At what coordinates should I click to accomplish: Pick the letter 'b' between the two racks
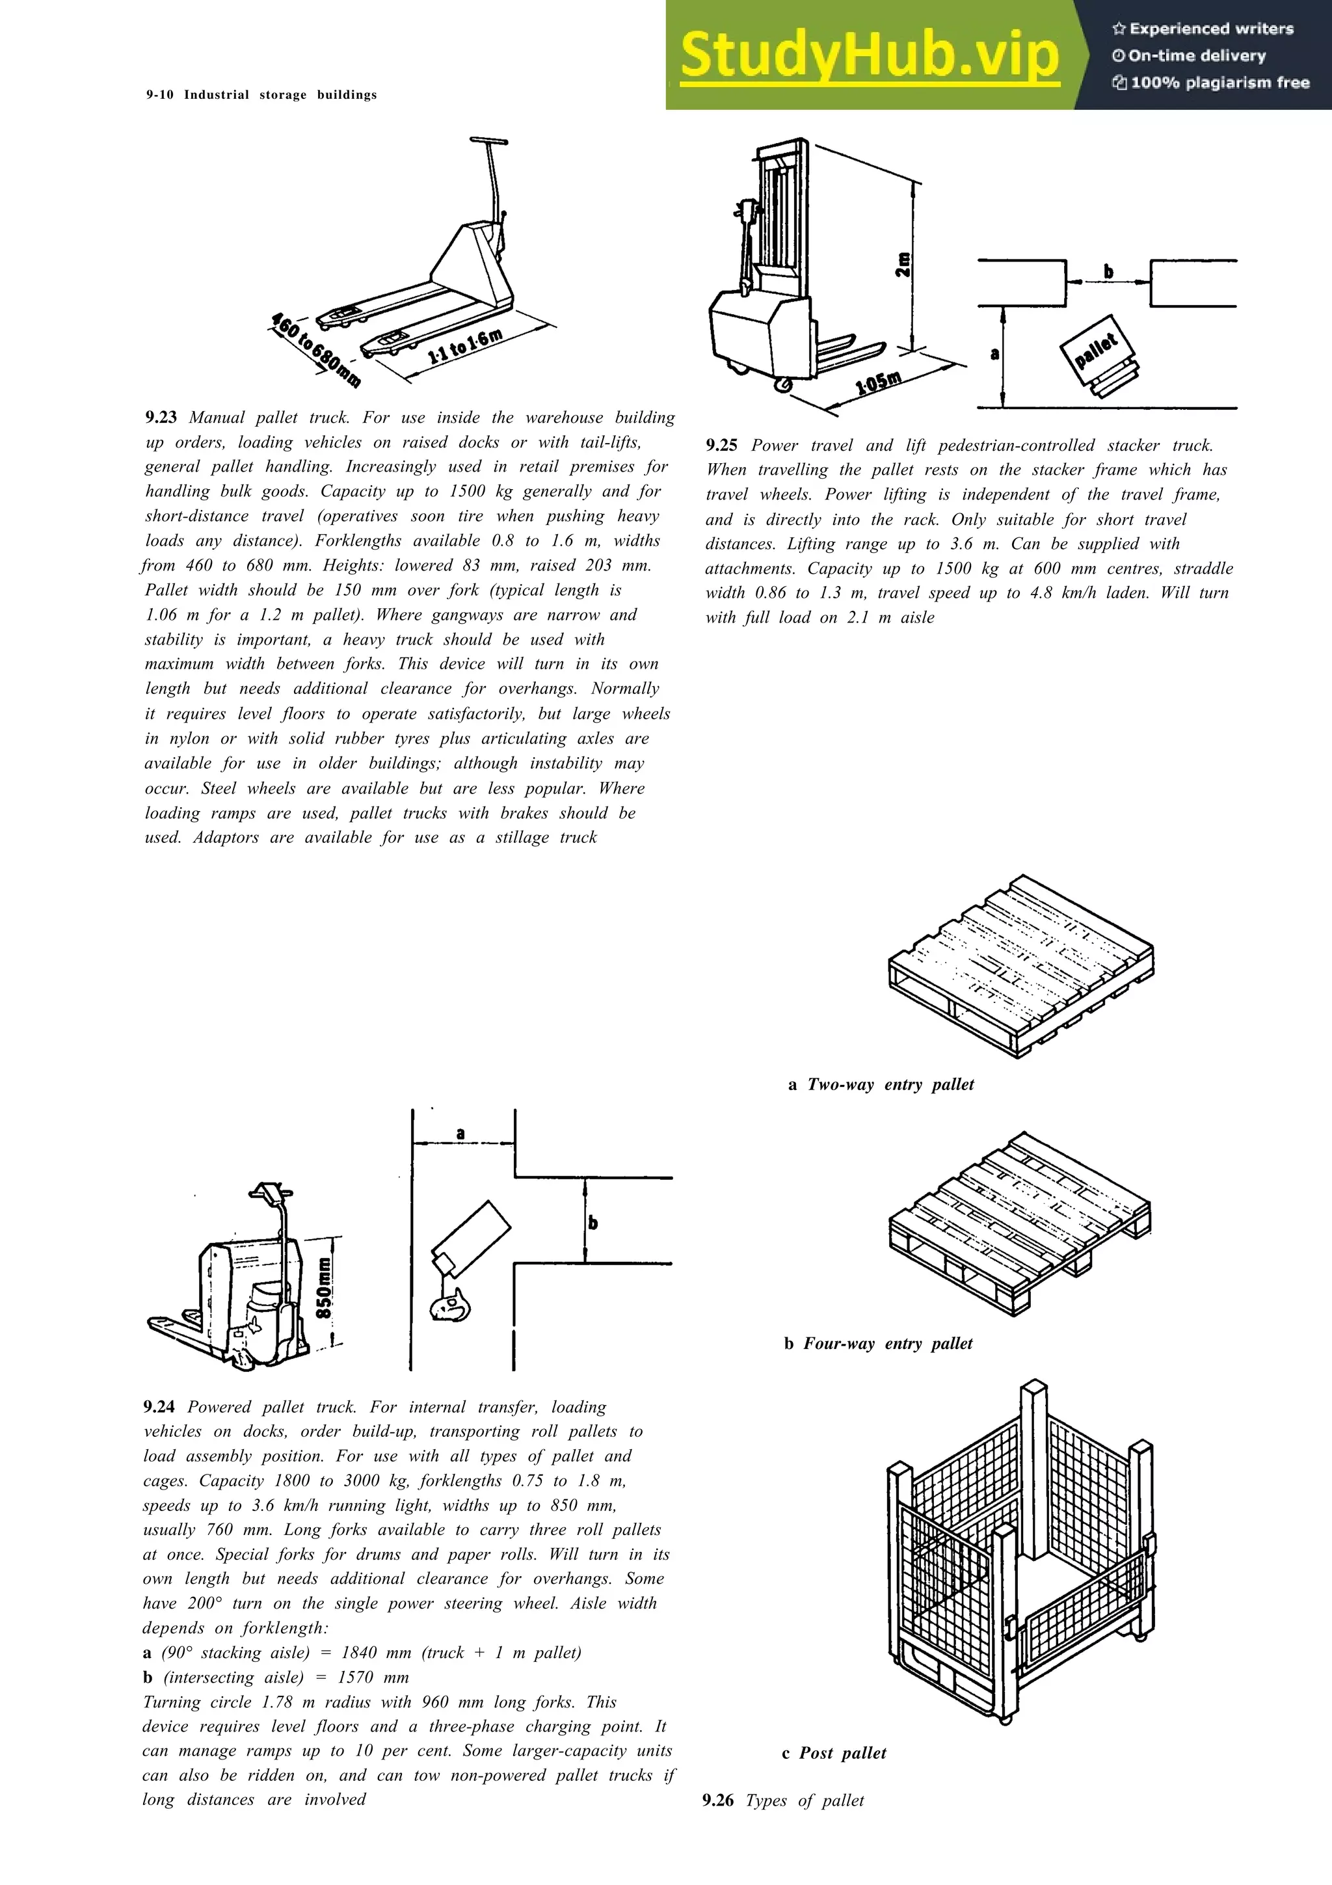pyautogui.click(x=1108, y=271)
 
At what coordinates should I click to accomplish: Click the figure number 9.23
pyautogui.click(x=161, y=417)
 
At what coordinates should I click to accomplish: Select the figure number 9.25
pyautogui.click(x=721, y=446)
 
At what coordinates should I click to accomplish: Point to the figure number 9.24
pyautogui.click(x=159, y=1407)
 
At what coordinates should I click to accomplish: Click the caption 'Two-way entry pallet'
pyautogui.click(x=890, y=1084)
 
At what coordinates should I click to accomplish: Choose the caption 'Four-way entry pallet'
pyautogui.click(x=887, y=1344)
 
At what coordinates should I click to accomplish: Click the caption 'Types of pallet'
pyautogui.click(x=805, y=1800)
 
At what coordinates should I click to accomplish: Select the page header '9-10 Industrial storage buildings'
pyautogui.click(x=261, y=94)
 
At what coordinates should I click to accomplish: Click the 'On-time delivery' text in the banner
pyautogui.click(x=1197, y=56)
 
